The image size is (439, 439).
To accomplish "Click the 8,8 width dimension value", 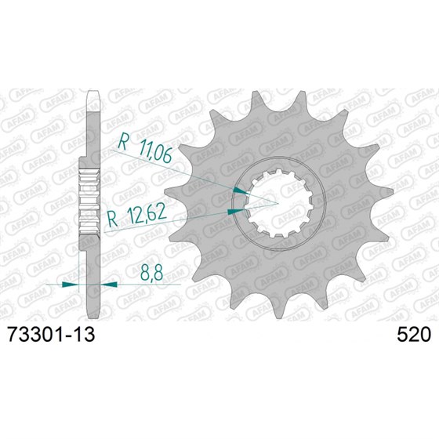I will pos(154,274).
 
